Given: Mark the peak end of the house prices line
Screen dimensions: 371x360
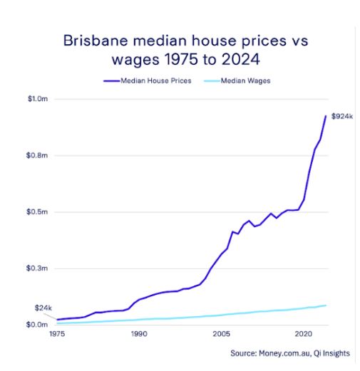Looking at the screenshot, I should pyautogui.click(x=326, y=116).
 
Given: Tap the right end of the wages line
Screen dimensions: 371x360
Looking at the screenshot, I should pyautogui.click(x=326, y=305).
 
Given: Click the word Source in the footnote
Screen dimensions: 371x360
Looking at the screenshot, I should pyautogui.click(x=242, y=352).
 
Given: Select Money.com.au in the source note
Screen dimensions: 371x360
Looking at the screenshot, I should pyautogui.click(x=284, y=352).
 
